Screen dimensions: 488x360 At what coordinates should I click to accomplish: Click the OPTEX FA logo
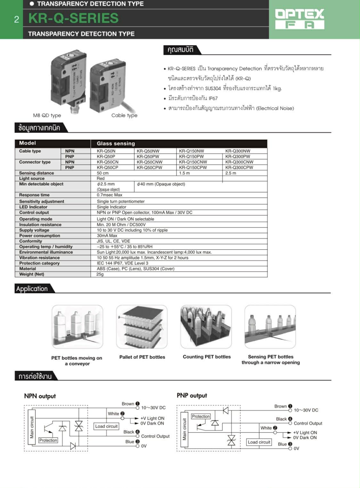point(299,19)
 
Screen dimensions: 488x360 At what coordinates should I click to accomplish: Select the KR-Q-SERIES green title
point(73,18)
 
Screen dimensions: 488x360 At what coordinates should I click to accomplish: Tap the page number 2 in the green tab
point(17,20)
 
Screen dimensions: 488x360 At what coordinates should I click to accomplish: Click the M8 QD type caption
point(47,115)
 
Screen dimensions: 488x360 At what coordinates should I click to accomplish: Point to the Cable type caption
point(124,115)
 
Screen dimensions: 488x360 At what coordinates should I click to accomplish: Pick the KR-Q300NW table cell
point(238,151)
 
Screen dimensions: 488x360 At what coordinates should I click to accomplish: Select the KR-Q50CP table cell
point(107,167)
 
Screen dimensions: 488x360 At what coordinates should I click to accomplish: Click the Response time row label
point(34,195)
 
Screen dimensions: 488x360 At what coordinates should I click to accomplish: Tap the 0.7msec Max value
point(110,195)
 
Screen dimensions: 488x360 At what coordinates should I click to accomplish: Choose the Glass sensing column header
point(116,143)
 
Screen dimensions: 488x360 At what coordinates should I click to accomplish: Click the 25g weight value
point(100,274)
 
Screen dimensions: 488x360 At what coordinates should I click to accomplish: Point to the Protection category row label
point(39,263)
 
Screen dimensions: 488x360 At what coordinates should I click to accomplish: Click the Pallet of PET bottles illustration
point(142,327)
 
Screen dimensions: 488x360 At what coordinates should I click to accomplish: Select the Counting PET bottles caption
point(207,357)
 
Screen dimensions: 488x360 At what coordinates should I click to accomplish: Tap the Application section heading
point(32,288)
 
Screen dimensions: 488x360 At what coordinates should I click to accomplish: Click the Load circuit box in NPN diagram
point(106,426)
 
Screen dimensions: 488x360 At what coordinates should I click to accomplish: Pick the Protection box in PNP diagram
point(201,416)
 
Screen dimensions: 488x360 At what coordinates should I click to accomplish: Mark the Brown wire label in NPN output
point(128,404)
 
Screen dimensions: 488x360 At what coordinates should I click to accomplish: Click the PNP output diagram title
point(192,395)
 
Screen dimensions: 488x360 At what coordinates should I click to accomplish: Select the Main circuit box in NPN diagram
point(31,427)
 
